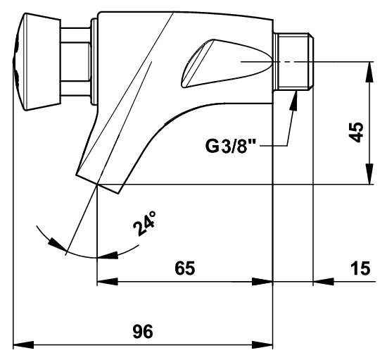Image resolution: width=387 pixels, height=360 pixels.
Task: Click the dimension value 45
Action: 357,132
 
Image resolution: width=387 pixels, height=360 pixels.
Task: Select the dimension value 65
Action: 185,268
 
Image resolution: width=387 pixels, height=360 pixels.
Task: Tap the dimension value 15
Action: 361,268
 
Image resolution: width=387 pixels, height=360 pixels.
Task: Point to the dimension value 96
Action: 143,331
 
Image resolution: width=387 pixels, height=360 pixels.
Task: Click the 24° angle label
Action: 145,223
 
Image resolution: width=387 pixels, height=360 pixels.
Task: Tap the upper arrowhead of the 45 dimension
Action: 369,72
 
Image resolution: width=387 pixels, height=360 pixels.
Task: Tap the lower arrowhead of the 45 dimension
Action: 369,174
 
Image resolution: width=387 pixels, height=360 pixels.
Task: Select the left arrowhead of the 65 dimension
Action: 108,281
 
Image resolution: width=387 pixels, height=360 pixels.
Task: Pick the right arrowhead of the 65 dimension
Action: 262,281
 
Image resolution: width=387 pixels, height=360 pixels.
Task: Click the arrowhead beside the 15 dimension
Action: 324,281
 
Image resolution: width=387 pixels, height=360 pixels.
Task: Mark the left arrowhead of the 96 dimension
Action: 23,345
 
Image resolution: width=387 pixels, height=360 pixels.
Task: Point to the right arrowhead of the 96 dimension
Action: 262,345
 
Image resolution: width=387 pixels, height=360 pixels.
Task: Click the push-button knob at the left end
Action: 37,61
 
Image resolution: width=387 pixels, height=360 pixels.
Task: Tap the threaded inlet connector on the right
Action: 293,61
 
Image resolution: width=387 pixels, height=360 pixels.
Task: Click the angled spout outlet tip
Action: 98,184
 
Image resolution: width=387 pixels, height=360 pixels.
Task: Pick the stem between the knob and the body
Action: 76,61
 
